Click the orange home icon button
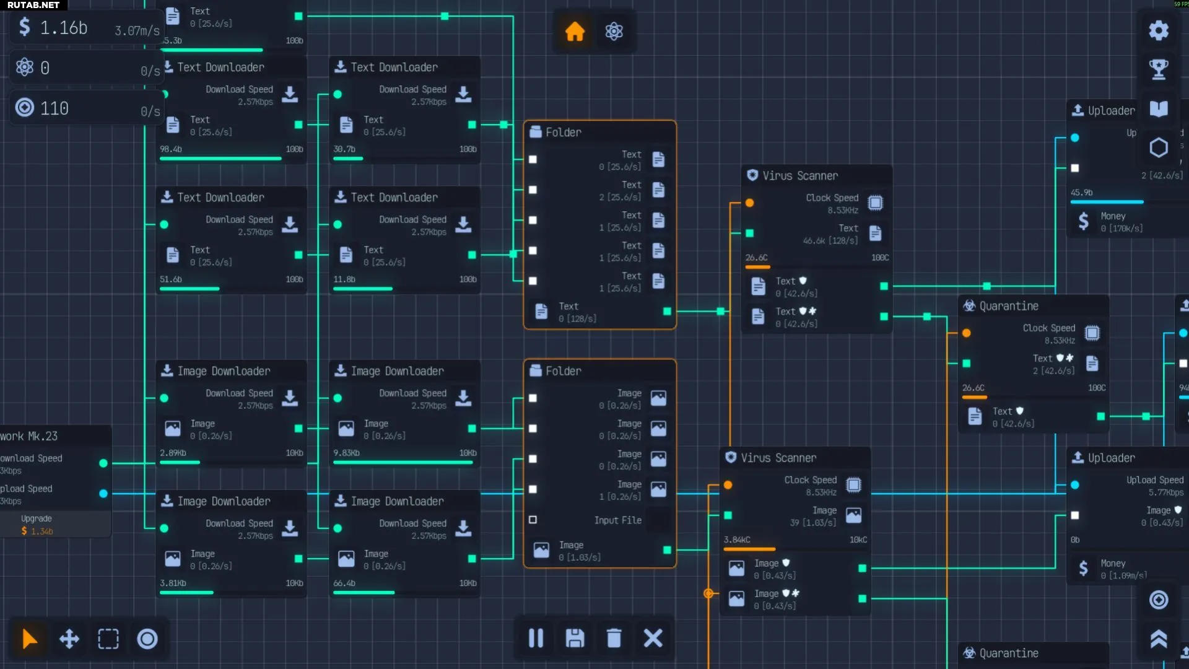[x=575, y=31]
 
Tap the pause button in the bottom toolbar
[x=536, y=638]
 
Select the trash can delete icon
[x=614, y=638]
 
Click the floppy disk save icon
[x=575, y=638]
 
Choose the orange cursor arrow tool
[x=29, y=639]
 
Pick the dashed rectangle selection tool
[x=108, y=639]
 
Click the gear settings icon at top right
[x=1159, y=30]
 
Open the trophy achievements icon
[x=1159, y=69]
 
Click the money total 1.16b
[x=63, y=28]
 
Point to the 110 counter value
[x=54, y=109]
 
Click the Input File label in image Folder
[x=617, y=520]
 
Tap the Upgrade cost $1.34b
[x=37, y=531]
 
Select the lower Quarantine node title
[x=1008, y=653]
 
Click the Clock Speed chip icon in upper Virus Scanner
[x=875, y=203]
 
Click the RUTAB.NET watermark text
[x=33, y=5]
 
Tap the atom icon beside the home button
[x=614, y=31]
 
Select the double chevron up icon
[x=1159, y=639]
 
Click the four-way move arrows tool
[x=69, y=639]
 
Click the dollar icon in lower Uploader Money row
[x=1083, y=568]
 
